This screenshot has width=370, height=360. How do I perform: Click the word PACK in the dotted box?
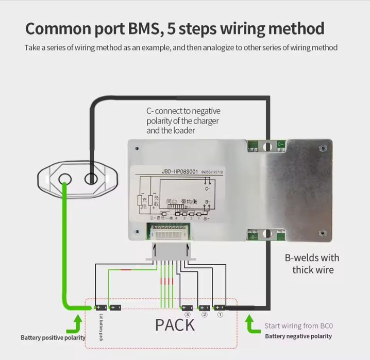point(175,325)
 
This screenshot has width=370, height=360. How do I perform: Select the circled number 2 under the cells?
point(204,315)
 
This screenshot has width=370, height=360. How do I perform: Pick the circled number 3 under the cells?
point(187,315)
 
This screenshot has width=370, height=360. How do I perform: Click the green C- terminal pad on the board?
point(280,145)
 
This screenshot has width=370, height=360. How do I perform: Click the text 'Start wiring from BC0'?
point(298,325)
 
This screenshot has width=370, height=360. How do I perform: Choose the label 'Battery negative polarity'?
point(298,336)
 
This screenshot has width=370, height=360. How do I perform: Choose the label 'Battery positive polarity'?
point(53,338)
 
